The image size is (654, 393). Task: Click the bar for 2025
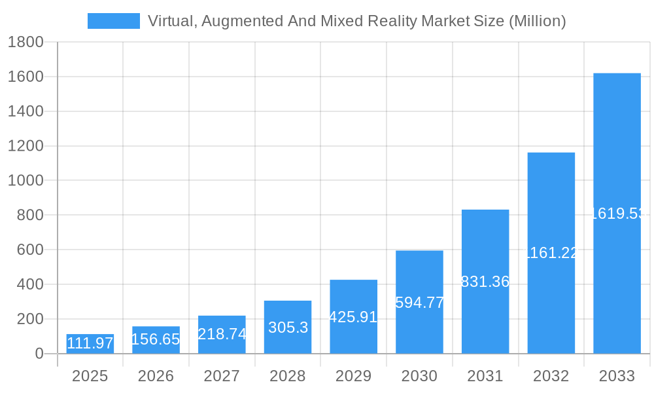[90, 345]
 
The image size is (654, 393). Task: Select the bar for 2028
[288, 327]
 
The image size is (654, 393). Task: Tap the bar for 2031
[485, 282]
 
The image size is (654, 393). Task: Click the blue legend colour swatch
[114, 21]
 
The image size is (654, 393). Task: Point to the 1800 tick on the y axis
[25, 43]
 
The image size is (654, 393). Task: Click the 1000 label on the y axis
[25, 181]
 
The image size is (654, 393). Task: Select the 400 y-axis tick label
[30, 284]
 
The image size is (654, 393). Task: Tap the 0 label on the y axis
[39, 354]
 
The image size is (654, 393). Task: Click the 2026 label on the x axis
[156, 376]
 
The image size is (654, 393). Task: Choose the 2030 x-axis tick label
[419, 376]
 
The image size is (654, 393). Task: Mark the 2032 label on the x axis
[551, 376]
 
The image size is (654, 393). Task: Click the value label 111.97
[90, 343]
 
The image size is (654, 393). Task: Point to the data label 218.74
[222, 334]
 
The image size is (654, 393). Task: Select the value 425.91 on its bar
[353, 317]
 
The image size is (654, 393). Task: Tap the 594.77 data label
[419, 303]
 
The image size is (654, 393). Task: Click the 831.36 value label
[485, 282]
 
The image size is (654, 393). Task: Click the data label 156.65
[156, 339]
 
